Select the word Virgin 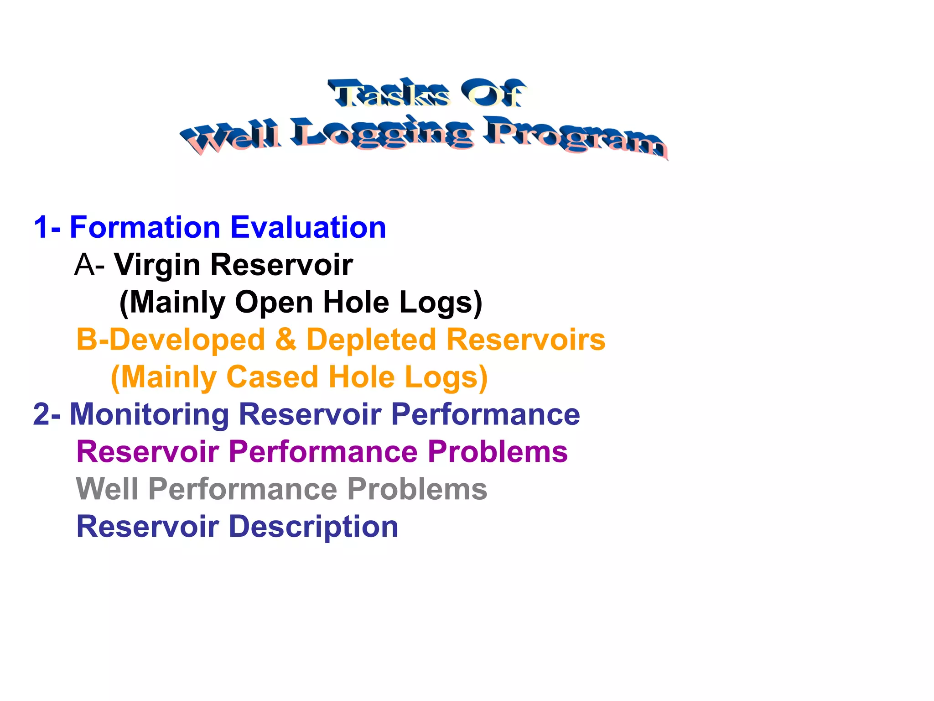pyautogui.click(x=157, y=266)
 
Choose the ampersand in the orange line pyautogui.click(x=285, y=340)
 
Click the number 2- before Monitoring pyautogui.click(x=47, y=414)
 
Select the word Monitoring pyautogui.click(x=149, y=414)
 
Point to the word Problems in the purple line pyautogui.click(x=498, y=452)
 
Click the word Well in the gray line pyautogui.click(x=107, y=489)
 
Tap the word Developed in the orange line pyautogui.click(x=187, y=340)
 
